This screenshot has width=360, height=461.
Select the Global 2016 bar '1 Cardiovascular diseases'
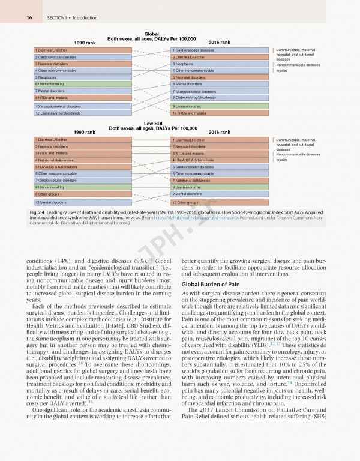(218, 50)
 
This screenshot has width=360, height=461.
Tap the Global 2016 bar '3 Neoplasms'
(218, 64)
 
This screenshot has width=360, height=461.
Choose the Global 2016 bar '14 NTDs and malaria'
(218, 113)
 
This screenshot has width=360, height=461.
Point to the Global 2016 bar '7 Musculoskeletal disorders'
(218, 91)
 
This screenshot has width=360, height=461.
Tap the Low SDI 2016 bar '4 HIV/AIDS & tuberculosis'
(218, 160)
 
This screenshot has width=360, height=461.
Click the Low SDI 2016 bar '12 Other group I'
(218, 202)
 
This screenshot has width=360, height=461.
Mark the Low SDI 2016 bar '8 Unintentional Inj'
(218, 187)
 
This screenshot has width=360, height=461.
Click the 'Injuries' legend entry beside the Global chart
(281, 71)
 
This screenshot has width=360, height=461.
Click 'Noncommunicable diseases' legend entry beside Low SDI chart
(298, 154)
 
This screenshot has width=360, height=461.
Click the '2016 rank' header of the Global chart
(219, 43)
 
